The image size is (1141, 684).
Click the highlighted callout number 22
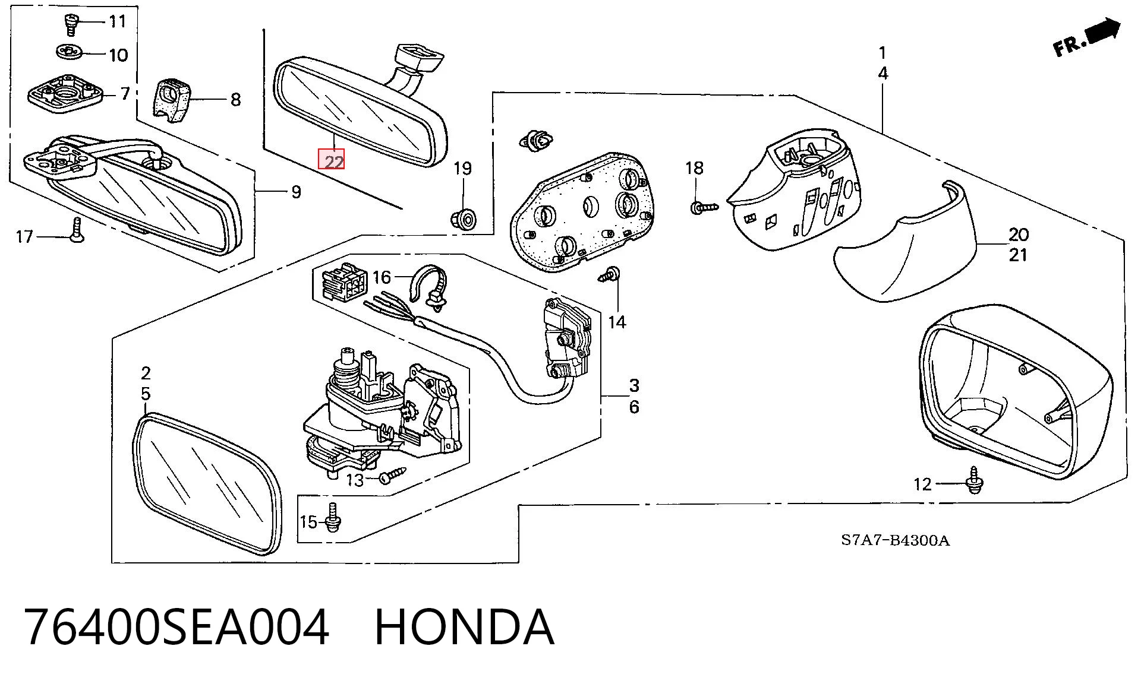[332, 160]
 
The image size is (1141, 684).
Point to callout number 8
[236, 100]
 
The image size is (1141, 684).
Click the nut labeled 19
[464, 218]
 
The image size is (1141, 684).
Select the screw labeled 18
[704, 207]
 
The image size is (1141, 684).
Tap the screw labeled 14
[610, 275]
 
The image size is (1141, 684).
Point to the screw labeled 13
[393, 475]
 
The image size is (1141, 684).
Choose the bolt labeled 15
[333, 517]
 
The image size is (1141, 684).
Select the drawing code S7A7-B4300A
[895, 540]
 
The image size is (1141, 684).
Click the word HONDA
[464, 627]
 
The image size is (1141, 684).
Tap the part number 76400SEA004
[176, 627]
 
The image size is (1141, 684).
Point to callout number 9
[296, 192]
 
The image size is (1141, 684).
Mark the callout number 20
[1019, 235]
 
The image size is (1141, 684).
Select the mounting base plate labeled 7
[65, 93]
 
